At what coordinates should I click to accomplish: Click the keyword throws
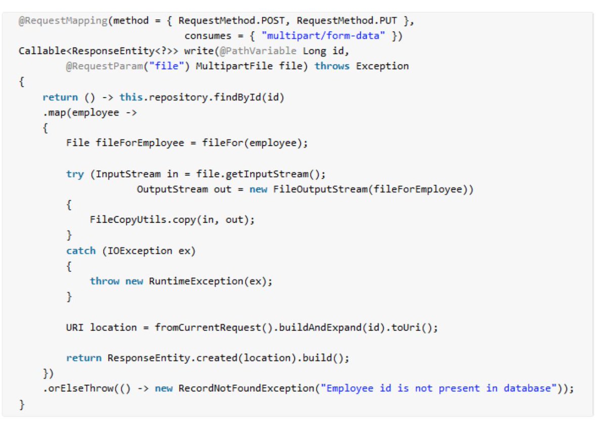click(332, 66)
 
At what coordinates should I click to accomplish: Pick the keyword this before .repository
click(131, 97)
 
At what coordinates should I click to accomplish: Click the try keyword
click(75, 174)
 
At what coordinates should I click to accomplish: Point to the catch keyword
click(81, 251)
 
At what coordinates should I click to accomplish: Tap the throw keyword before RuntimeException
click(105, 281)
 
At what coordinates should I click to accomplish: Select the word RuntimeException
click(196, 281)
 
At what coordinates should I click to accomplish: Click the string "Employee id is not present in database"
click(444, 389)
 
